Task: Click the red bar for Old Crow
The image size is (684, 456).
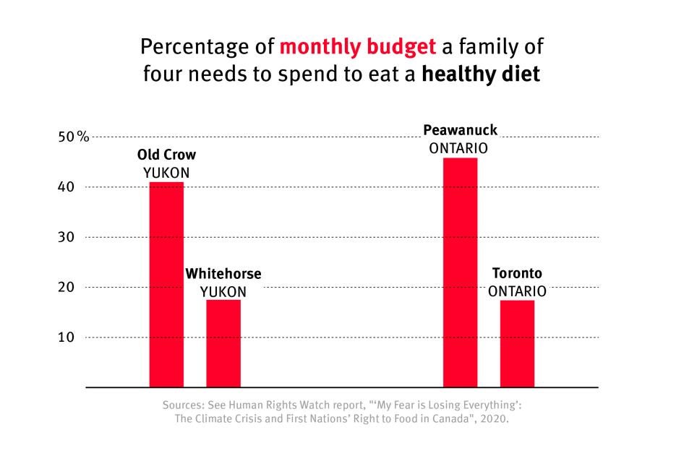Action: coord(166,285)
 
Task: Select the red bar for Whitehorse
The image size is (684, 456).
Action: coord(223,343)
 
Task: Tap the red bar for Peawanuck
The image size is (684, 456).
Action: coord(460,272)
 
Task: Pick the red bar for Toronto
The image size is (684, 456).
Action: coord(517,343)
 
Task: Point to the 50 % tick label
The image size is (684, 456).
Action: coord(74,137)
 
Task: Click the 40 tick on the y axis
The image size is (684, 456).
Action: coord(67,187)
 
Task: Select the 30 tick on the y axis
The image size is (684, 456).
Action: coord(67,237)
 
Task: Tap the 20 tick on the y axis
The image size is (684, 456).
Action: coord(67,287)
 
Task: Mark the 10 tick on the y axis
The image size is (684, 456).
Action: coord(67,337)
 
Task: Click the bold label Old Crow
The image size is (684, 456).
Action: coord(166,155)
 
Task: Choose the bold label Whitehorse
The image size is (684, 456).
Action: coord(223,275)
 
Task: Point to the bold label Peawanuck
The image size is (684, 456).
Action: coord(460,131)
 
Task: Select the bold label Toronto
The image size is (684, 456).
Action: coord(517,274)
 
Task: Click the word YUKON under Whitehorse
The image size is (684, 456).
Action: coord(223,292)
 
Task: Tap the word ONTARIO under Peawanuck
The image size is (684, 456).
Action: coord(458,148)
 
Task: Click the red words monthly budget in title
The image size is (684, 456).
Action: coord(358,48)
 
